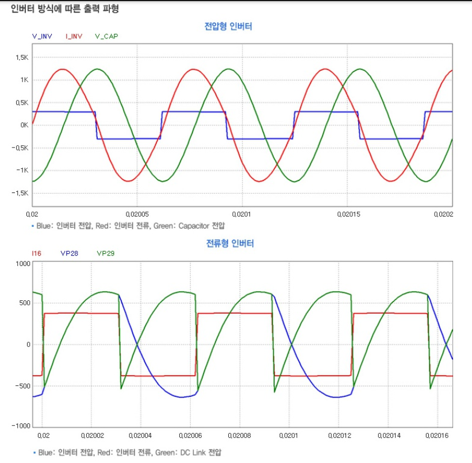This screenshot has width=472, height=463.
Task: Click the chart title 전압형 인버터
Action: click(228, 26)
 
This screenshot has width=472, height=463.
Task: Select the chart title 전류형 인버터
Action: click(230, 243)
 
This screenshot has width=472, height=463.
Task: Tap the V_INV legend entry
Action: click(42, 36)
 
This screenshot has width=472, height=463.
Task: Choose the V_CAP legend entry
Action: click(106, 36)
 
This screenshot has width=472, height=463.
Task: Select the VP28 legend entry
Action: click(69, 253)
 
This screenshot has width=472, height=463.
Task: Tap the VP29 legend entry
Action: click(106, 253)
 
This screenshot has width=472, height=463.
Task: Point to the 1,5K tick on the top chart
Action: click(22, 57)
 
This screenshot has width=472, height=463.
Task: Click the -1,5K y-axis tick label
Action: click(21, 193)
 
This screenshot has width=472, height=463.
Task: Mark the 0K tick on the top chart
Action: click(24, 125)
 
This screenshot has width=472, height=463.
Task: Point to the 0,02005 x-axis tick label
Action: click(136, 214)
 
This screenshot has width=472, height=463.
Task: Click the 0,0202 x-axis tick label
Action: click(443, 214)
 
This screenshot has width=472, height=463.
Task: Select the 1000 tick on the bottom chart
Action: click(21, 264)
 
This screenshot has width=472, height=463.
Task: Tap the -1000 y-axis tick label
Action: click(20, 426)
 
